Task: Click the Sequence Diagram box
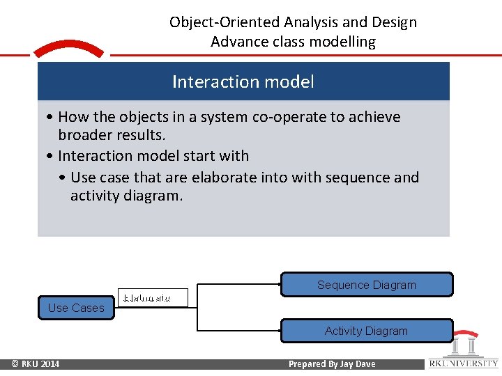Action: [367, 285]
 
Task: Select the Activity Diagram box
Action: [367, 331]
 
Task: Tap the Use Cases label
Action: [76, 308]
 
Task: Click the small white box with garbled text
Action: [153, 298]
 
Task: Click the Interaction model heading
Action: [243, 82]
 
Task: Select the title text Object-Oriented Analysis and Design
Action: [293, 22]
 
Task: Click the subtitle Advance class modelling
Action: [293, 42]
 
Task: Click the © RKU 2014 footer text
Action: [36, 364]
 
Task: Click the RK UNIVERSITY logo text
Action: [464, 363]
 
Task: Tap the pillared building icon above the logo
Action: [464, 345]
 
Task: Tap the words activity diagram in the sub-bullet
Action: [126, 196]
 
